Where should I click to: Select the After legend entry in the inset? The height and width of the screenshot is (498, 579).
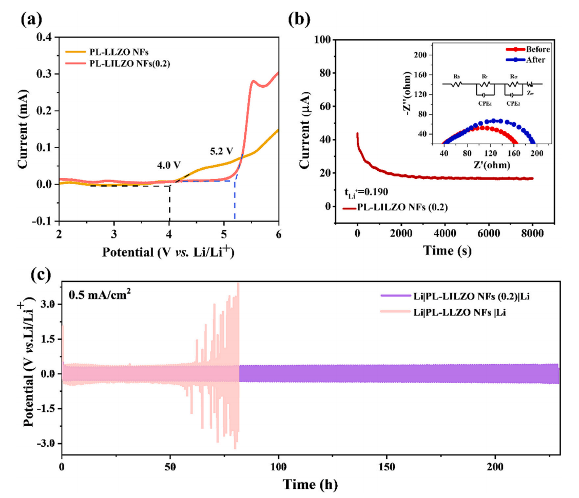[519, 59]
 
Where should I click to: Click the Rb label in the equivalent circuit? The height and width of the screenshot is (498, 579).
[457, 76]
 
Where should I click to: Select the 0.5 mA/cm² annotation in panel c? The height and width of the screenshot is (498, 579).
[98, 295]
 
